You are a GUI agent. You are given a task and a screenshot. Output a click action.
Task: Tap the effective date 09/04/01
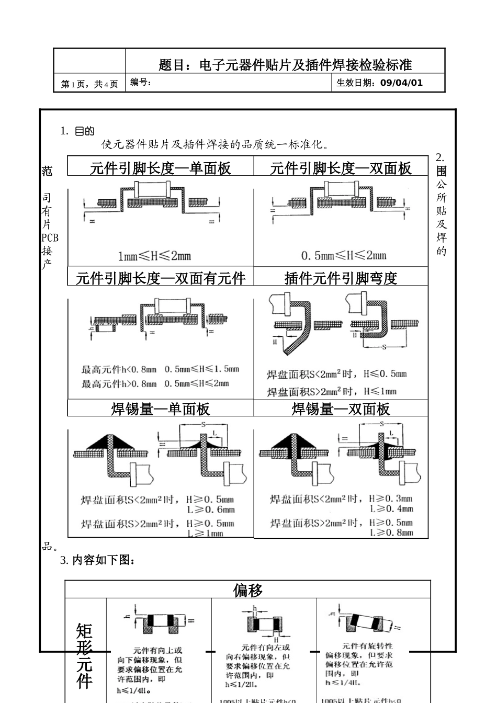401,83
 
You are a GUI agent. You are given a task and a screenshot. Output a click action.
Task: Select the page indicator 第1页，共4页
89,84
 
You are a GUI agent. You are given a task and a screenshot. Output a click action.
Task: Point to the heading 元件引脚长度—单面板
160,168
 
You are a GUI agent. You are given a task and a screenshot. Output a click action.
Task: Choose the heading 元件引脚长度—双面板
341,168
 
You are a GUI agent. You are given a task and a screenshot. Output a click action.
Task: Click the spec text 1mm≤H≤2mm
154,256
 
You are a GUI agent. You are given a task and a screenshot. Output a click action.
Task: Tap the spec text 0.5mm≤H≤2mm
344,256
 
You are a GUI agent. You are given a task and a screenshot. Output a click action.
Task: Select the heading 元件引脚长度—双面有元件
161,278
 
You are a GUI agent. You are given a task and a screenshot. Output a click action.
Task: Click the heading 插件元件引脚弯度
341,278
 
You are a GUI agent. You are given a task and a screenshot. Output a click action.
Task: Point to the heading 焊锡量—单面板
160,409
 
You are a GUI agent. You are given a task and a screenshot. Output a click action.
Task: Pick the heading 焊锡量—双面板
341,409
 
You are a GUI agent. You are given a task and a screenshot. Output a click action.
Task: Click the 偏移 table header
247,591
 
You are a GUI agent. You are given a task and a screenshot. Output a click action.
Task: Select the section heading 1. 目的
77,131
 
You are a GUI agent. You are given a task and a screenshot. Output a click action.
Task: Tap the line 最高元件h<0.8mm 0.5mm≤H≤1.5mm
160,369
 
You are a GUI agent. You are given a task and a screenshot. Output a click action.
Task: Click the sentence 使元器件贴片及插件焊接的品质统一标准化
215,144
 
